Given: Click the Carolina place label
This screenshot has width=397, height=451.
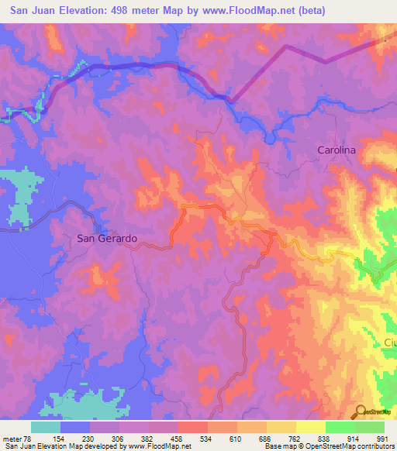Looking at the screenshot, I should (x=336, y=150).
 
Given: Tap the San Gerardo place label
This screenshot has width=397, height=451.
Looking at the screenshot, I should (x=108, y=239).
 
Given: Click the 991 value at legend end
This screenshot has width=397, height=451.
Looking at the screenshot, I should (x=382, y=439).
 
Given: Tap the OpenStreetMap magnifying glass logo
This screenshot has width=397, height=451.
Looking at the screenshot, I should (x=361, y=411).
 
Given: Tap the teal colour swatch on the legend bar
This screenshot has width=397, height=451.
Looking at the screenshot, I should (x=46, y=427).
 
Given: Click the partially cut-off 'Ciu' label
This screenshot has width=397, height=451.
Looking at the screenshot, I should (x=389, y=342).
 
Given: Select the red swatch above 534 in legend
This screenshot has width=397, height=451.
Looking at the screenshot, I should (x=193, y=427).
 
